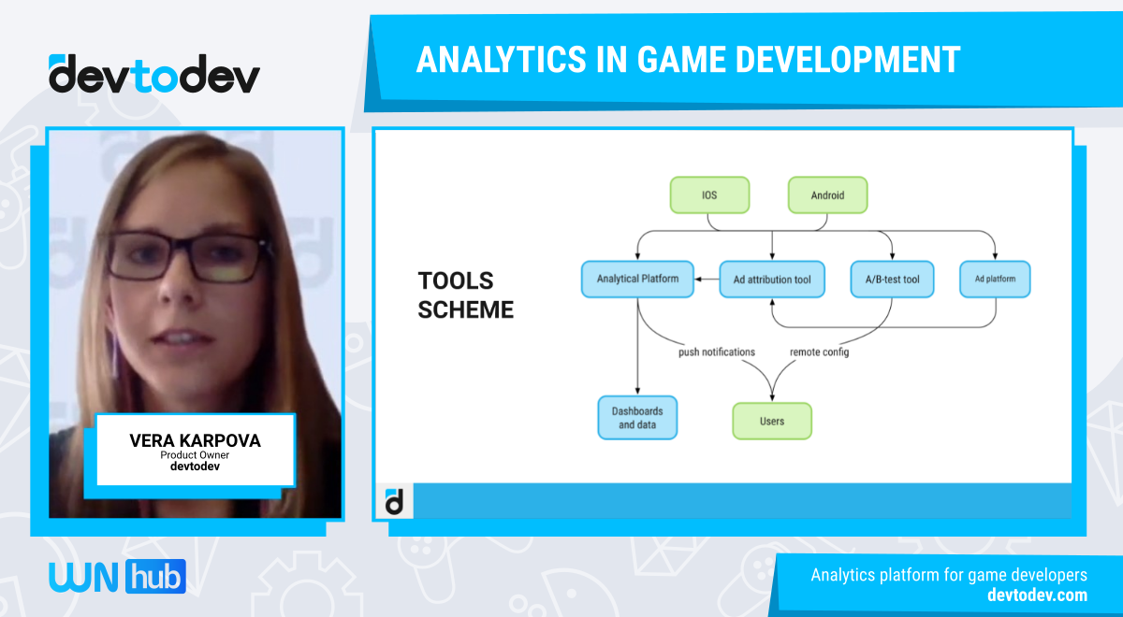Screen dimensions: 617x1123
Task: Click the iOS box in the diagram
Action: [x=709, y=194]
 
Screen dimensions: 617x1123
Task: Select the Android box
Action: [x=827, y=194]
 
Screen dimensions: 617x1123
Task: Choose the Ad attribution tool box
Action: [x=772, y=280]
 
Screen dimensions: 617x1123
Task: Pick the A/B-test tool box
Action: [x=892, y=280]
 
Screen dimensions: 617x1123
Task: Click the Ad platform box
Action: [x=995, y=279]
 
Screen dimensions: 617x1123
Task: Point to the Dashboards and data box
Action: [x=637, y=418]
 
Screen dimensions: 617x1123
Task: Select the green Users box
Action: [x=772, y=421]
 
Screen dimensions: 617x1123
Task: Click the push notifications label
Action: [x=717, y=352]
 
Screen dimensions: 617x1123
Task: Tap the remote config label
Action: [x=819, y=352]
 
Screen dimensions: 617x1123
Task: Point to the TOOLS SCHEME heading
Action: [x=465, y=295]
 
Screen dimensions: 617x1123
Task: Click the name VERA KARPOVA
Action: [x=195, y=440]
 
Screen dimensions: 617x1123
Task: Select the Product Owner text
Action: [x=195, y=455]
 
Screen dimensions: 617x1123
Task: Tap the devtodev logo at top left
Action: [x=154, y=75]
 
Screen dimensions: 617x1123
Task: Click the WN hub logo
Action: [x=117, y=576]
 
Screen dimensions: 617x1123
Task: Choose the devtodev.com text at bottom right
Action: [x=1037, y=595]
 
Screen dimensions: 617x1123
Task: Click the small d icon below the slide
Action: [x=395, y=501]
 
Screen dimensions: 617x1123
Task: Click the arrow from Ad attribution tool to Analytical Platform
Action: [x=706, y=279]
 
